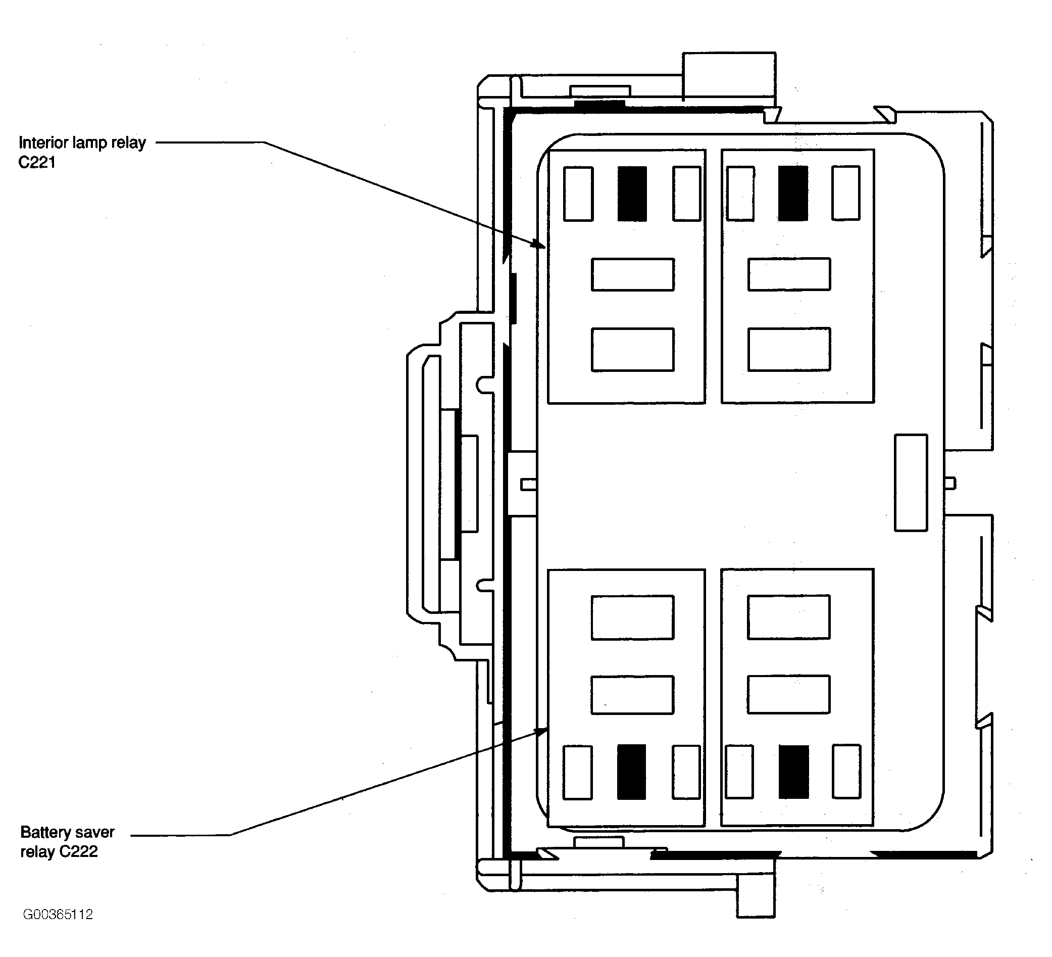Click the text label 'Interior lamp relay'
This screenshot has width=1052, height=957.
tap(82, 142)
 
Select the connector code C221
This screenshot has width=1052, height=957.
tap(37, 162)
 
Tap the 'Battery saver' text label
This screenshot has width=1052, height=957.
tap(67, 832)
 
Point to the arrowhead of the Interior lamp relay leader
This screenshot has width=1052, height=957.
tap(540, 244)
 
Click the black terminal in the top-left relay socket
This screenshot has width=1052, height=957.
tap(632, 194)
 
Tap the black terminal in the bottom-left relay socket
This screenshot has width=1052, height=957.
tap(631, 772)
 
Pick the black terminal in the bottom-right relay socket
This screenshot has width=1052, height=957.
tap(794, 772)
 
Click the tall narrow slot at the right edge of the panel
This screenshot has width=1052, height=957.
tap(911, 483)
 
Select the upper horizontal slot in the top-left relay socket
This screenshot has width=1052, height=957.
tap(632, 274)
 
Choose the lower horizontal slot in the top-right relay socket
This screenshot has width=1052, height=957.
tap(789, 349)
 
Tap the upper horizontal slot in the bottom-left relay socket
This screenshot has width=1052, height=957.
tap(632, 617)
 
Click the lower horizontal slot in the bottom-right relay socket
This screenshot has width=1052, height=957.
tap(788, 694)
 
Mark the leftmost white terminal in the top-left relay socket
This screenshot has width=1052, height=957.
tap(578, 194)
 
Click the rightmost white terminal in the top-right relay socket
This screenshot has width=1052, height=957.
tap(846, 193)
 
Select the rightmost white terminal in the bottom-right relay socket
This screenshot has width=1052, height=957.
tap(846, 771)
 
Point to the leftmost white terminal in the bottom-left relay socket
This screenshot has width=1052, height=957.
tap(578, 772)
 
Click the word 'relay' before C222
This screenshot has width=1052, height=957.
tap(37, 851)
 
